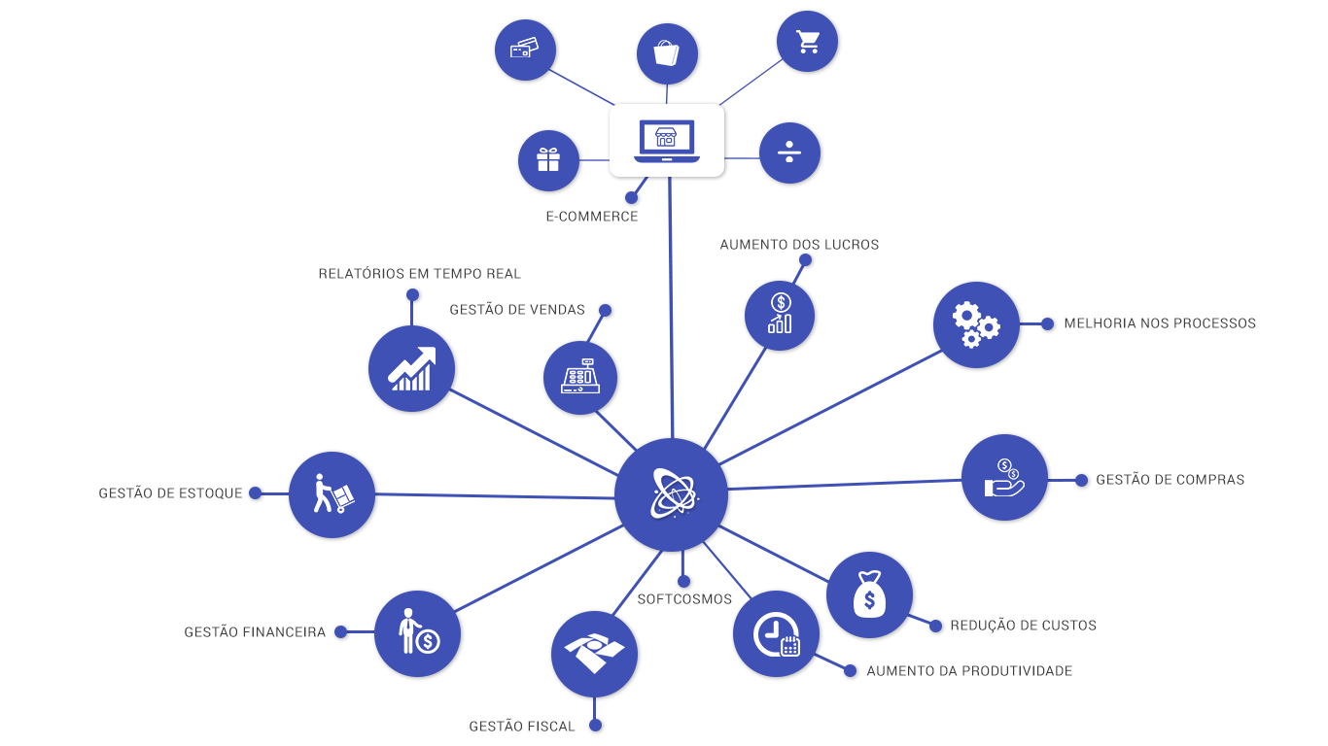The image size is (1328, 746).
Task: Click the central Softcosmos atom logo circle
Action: point(671,494)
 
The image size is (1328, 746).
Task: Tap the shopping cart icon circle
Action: point(807,42)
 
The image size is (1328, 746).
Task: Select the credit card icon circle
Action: point(525,49)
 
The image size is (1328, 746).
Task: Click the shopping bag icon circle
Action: point(667,53)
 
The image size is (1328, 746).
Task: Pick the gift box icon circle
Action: point(548,160)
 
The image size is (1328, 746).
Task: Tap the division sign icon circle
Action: point(789,153)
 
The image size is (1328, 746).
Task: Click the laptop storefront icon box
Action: point(667,141)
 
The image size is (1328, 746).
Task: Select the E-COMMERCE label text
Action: point(592,217)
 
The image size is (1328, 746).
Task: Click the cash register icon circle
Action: point(580,378)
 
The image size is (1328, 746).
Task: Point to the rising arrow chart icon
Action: point(412,368)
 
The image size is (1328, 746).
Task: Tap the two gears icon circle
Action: point(976,324)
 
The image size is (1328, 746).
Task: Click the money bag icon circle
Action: point(869,594)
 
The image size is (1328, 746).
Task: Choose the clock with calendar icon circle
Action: point(776,633)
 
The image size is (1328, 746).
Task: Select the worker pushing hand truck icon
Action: point(332,494)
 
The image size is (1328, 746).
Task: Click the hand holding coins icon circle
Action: point(1004,477)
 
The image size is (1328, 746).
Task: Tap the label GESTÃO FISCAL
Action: point(522,727)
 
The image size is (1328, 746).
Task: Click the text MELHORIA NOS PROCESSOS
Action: point(1160,323)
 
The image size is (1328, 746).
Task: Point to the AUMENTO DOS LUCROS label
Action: point(799,245)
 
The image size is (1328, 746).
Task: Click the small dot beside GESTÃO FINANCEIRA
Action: point(340,631)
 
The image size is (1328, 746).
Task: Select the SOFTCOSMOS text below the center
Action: point(684,599)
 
